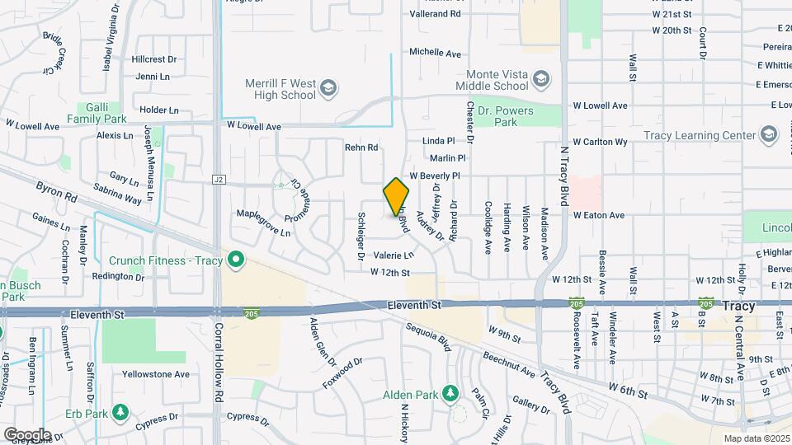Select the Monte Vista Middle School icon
pyautogui.click(x=541, y=79)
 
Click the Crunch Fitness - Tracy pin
pyautogui.click(x=236, y=260)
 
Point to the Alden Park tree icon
pyautogui.click(x=450, y=392)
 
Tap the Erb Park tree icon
pyautogui.click(x=120, y=411)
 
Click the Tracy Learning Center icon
pyautogui.click(x=769, y=135)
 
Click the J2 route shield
pyautogui.click(x=219, y=179)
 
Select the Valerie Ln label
pyautogui.click(x=393, y=255)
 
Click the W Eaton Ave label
pyautogui.click(x=599, y=215)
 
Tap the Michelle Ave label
pyautogui.click(x=436, y=52)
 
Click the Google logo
pyautogui.click(x=27, y=434)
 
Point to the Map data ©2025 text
pyautogui.click(x=756, y=438)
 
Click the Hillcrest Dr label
pyautogui.click(x=154, y=59)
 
